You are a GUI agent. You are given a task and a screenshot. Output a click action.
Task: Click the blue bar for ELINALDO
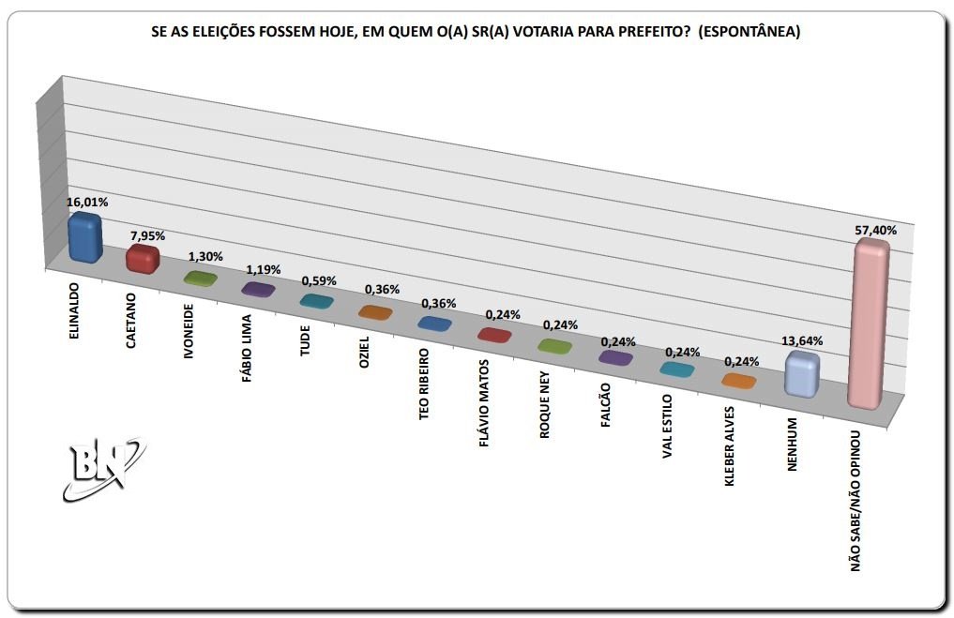85,238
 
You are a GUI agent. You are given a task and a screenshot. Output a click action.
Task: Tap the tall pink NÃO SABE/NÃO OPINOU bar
868,324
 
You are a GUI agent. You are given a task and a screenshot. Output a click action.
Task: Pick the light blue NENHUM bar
802,373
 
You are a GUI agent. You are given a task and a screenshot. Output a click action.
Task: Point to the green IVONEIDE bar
201,279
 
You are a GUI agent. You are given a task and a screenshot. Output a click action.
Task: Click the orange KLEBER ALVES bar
737,381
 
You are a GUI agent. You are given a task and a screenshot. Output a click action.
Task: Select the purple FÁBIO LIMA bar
258,289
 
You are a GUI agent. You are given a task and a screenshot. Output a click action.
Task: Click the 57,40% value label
876,230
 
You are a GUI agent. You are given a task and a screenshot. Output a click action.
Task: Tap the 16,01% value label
86,202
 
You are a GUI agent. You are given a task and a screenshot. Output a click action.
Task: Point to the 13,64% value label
803,341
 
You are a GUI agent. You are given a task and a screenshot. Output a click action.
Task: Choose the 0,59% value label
317,279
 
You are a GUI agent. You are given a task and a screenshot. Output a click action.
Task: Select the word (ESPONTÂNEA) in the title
750,31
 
